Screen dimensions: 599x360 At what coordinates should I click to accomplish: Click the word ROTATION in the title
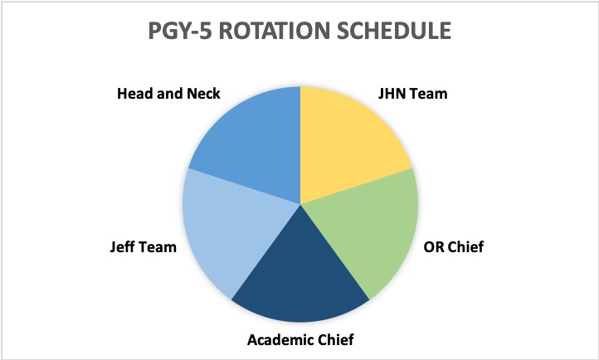274,31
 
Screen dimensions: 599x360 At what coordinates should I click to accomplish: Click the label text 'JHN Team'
412,94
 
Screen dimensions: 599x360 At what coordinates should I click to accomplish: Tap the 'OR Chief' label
454,246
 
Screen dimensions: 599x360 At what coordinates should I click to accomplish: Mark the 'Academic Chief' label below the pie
300,339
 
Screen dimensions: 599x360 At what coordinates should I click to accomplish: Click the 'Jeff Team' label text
144,246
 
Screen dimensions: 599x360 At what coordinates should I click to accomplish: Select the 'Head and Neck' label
168,94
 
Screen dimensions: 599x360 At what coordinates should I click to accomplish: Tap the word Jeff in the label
121,246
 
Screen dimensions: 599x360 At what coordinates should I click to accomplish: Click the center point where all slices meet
300,204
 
